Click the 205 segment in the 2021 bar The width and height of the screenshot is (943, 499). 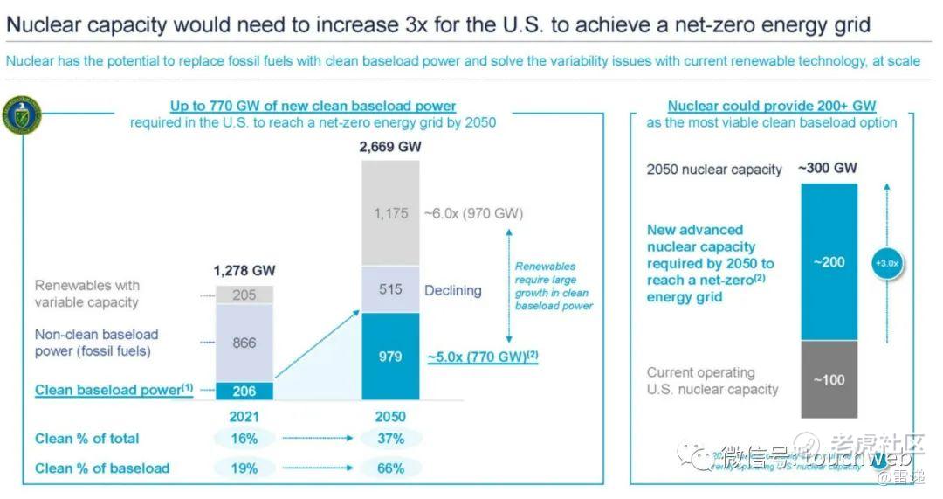click(244, 295)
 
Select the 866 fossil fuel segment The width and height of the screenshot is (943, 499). click(244, 343)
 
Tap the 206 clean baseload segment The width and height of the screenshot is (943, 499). click(244, 390)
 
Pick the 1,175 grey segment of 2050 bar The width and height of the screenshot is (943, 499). click(391, 213)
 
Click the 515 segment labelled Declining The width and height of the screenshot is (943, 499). click(391, 289)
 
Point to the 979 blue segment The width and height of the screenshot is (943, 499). click(391, 357)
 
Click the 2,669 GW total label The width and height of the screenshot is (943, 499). click(390, 147)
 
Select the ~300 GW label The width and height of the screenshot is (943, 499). click(828, 168)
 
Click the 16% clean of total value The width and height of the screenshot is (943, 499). click(244, 439)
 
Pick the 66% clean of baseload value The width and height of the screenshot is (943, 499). click(390, 468)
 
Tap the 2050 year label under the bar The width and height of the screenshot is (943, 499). click(390, 416)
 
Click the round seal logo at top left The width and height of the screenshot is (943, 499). click(22, 116)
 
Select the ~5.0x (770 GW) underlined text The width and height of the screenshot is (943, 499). click(482, 357)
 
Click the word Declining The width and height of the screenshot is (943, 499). click(453, 290)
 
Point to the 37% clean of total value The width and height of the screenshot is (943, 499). click(390, 439)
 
